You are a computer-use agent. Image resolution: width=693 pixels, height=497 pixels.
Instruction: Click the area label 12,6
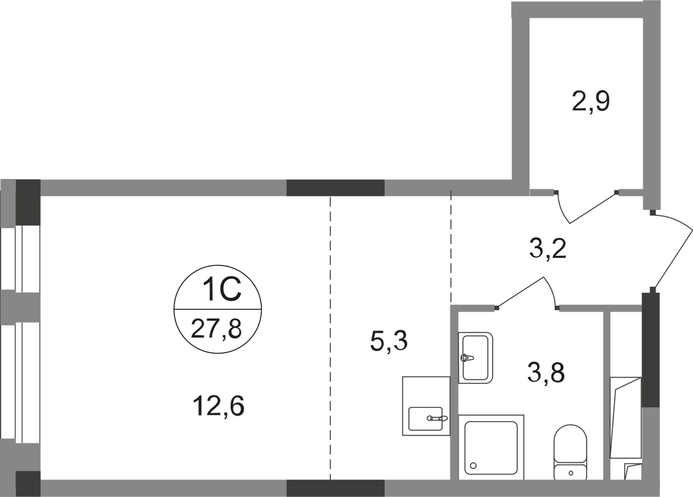(x=218, y=406)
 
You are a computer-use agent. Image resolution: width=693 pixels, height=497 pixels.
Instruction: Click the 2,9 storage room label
(x=591, y=102)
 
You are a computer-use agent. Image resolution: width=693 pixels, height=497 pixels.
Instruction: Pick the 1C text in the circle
(x=222, y=290)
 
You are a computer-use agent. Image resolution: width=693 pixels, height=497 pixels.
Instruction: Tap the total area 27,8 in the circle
(x=216, y=329)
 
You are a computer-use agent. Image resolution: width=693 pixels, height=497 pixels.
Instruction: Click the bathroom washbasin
(x=475, y=358)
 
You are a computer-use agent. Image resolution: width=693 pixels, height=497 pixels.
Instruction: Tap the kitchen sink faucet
(x=437, y=418)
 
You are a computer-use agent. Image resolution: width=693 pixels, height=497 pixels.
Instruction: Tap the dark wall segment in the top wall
(x=335, y=188)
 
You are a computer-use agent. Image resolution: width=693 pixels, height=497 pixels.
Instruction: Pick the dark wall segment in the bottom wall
(x=335, y=488)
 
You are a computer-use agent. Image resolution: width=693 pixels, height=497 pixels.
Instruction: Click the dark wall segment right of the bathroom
(x=650, y=350)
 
